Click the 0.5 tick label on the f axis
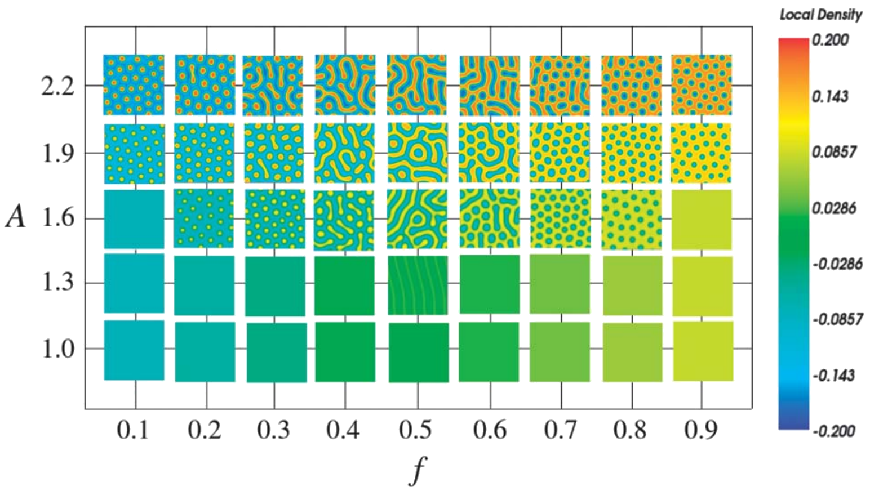point(416,430)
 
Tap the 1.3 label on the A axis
point(58,282)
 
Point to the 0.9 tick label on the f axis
point(702,430)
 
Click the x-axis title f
point(417,470)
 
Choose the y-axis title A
point(16,217)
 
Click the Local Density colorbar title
point(820,15)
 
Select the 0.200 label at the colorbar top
point(830,40)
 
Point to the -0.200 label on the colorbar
point(833,431)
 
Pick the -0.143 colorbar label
point(833,376)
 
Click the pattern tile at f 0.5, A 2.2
point(416,85)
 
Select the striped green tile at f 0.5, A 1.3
point(418,285)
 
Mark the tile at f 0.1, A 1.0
point(134,350)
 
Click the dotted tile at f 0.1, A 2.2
point(134,85)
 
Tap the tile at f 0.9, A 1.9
point(702,153)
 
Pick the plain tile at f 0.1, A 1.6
point(134,219)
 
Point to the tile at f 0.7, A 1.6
point(560,218)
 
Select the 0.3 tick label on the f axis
point(273,430)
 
